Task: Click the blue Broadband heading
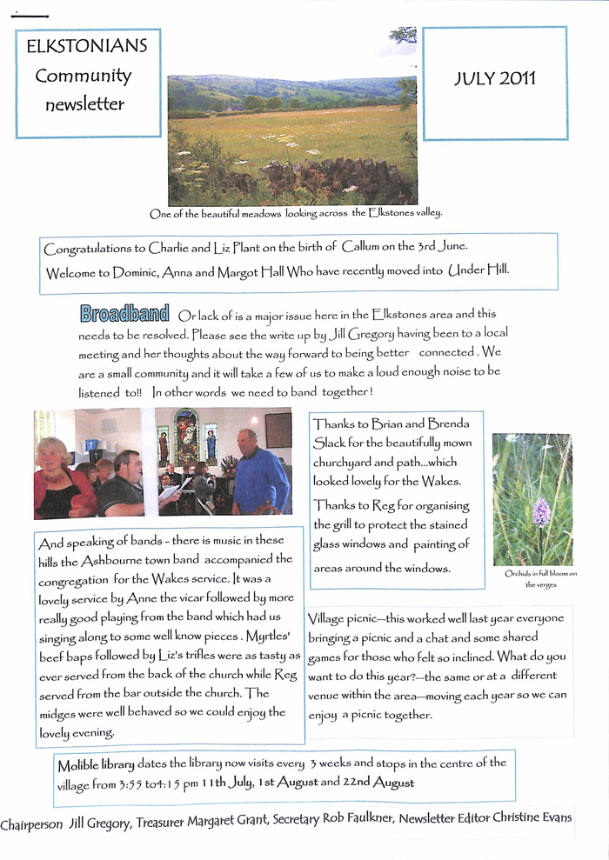pos(124,314)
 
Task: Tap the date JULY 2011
pos(495,79)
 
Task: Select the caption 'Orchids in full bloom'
pos(540,574)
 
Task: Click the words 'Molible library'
pos(96,765)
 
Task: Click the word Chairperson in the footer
pos(31,823)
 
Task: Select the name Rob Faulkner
pos(347,821)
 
